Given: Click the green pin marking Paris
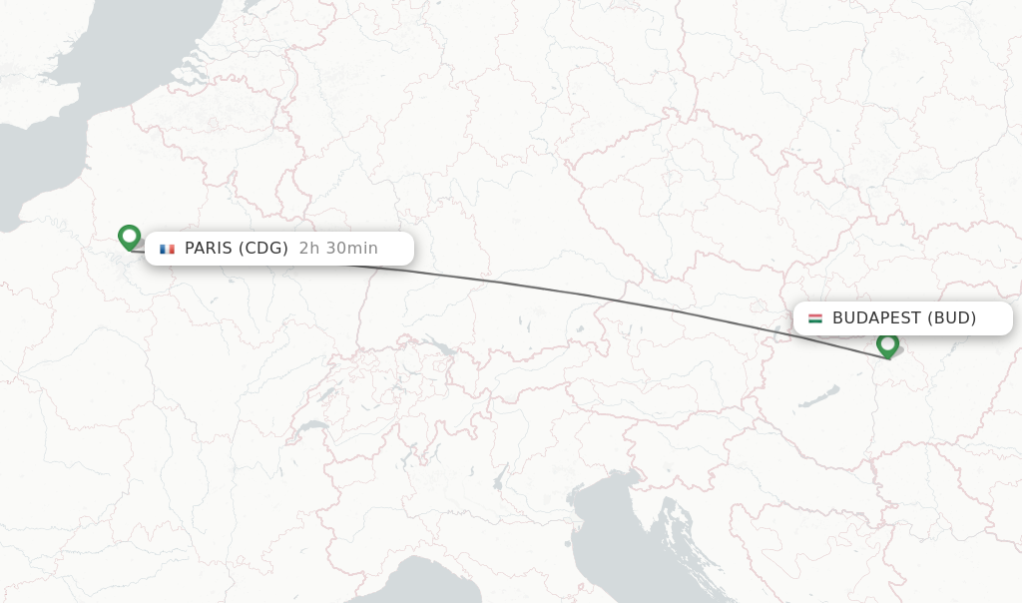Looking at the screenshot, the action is point(129,237).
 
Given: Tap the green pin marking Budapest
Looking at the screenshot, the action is point(887,344).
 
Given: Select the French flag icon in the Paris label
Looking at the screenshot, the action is point(167,249).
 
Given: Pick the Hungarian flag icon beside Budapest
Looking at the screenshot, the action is point(815,318).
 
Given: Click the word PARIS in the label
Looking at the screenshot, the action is point(208,249).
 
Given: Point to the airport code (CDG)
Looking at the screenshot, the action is point(263,249).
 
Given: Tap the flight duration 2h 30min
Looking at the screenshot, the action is point(338,249).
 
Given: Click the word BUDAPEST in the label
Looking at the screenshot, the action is point(876,318).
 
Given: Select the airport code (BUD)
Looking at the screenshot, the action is point(951,318).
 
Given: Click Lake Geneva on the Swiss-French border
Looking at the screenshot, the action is point(312,425).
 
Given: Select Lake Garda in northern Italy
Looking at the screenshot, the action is point(497,481).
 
